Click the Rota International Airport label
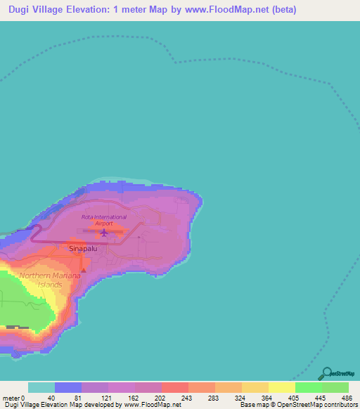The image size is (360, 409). coord(104,220)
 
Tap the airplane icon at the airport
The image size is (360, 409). coord(104,232)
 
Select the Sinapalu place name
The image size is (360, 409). coord(82,249)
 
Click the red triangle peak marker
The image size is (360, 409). coord(83,269)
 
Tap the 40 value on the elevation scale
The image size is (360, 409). coord(51,397)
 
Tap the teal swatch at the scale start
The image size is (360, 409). coord(41,387)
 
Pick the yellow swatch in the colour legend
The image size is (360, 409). coord(281,387)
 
